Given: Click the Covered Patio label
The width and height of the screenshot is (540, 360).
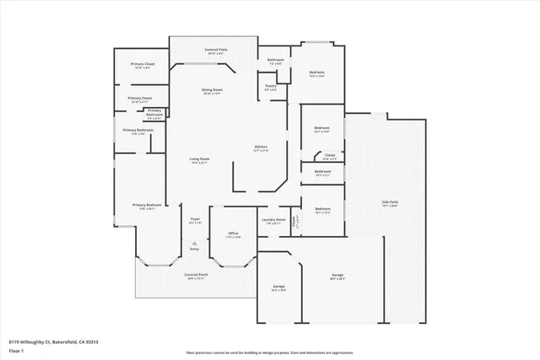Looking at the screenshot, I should click(216, 51).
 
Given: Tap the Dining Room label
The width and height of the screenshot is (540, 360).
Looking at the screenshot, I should click(212, 90).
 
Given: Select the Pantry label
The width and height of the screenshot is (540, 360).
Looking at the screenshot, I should click(271, 86).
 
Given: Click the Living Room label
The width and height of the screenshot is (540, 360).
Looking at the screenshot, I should click(199, 159).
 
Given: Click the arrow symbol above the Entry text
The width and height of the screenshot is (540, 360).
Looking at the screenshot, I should click(194, 243).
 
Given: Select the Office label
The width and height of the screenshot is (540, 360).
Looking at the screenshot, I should click(233, 234).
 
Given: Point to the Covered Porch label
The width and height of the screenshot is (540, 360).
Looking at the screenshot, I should click(197, 275).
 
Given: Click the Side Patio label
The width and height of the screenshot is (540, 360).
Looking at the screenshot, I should click(389, 202).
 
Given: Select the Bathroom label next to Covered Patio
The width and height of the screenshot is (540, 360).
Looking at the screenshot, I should click(276, 60).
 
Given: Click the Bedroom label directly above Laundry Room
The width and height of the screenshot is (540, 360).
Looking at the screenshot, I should click(322, 208).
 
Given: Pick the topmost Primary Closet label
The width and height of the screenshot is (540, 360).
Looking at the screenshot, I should click(143, 64).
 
